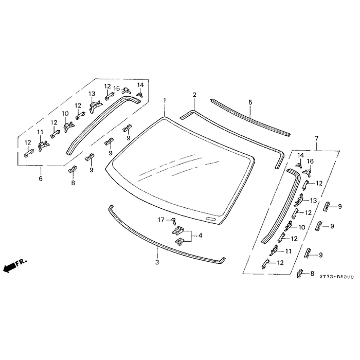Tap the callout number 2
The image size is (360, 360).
[194, 95]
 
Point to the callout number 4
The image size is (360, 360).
[200, 236]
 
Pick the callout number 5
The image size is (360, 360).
[250, 102]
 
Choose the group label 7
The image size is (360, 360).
[316, 139]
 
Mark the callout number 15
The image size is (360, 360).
[117, 88]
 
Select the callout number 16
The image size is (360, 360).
[310, 161]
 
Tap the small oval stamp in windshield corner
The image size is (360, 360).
[210, 220]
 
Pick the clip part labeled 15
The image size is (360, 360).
[126, 92]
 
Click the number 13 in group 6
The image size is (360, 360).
[92, 94]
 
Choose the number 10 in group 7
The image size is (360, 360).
[302, 227]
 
